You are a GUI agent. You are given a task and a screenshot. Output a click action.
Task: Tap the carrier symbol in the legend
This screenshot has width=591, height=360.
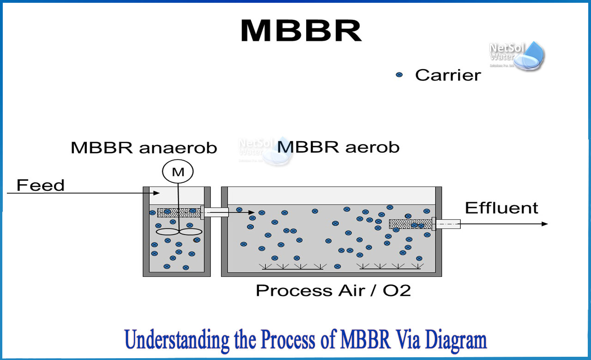click(x=399, y=75)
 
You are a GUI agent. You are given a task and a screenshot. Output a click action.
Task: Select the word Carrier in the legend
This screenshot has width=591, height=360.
click(x=447, y=75)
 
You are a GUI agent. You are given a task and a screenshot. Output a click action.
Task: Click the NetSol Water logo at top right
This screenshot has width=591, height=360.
click(x=517, y=54)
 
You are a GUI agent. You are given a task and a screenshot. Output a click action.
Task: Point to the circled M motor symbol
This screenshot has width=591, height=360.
click(x=178, y=172)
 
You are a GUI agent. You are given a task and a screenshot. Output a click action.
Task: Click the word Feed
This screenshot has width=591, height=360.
click(x=41, y=186)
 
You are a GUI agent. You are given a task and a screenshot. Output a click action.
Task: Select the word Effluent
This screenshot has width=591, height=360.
click(x=501, y=208)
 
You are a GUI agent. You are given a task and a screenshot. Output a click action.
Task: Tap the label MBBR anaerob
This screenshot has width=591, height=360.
click(x=144, y=148)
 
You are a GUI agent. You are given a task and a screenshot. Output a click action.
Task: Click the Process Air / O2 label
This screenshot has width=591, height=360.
click(x=333, y=291)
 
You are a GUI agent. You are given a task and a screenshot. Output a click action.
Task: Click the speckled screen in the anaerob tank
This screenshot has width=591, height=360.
click(x=179, y=212)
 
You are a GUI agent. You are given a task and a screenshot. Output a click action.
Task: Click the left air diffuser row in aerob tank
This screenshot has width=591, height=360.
click(x=292, y=266)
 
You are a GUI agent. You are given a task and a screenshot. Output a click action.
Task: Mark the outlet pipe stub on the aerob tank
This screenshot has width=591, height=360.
click(x=448, y=224)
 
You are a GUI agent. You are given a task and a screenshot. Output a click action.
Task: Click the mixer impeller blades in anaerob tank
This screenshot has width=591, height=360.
click(x=179, y=232)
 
